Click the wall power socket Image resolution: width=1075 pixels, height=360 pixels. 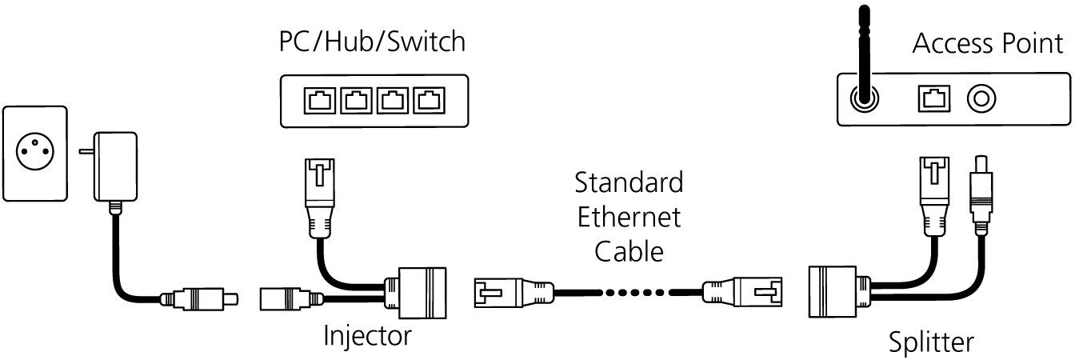point(35,154)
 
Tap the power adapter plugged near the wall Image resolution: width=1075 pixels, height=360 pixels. point(114,166)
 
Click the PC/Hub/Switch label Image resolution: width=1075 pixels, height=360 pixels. point(372,42)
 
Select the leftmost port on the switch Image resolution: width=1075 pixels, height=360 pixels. point(320,101)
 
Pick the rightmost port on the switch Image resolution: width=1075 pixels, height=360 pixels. point(429,101)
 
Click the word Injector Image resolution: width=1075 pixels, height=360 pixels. point(368,335)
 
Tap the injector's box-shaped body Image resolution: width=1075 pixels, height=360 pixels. point(416,293)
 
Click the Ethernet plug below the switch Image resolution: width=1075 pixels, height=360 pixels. point(320,198)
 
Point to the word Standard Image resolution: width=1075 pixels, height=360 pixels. point(629,182)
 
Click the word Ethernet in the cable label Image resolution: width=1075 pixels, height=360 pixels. point(629,217)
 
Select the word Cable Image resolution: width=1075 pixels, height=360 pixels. point(629,251)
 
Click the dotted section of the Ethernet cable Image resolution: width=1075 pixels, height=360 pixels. point(634,292)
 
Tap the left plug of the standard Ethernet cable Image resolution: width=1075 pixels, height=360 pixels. point(514,292)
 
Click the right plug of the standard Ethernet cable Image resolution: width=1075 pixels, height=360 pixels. point(742,292)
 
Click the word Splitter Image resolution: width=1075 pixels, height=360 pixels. point(931,342)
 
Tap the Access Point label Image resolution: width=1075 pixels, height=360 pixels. point(988,44)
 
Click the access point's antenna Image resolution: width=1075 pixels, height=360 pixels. point(865,55)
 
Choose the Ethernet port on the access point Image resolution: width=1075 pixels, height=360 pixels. point(934,99)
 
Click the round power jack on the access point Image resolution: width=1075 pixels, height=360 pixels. point(981,99)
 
